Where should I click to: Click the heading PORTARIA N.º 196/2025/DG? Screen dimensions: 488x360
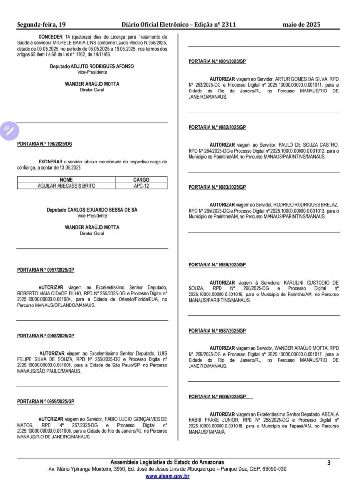(45, 144)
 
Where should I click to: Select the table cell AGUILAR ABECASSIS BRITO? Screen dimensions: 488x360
(66, 186)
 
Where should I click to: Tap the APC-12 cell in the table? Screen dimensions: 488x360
(141, 186)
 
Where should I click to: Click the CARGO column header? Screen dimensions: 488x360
(141, 180)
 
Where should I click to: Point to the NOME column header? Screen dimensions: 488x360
(66, 180)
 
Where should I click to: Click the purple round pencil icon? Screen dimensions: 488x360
(9, 130)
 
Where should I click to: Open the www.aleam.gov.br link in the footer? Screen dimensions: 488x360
(167, 476)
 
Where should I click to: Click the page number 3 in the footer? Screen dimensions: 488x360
(329, 463)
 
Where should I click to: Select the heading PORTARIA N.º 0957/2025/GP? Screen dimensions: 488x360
(46, 270)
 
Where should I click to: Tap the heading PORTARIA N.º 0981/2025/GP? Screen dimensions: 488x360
(217, 61)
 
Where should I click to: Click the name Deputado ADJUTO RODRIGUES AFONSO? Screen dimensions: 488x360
(92, 66)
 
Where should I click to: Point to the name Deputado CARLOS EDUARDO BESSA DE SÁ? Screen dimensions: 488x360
(92, 210)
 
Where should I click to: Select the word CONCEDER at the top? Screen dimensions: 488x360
(50, 36)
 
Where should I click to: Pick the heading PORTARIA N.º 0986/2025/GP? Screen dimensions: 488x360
(217, 264)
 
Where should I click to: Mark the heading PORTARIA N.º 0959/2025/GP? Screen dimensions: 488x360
(46, 401)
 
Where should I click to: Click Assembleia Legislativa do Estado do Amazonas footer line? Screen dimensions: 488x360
(167, 462)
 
